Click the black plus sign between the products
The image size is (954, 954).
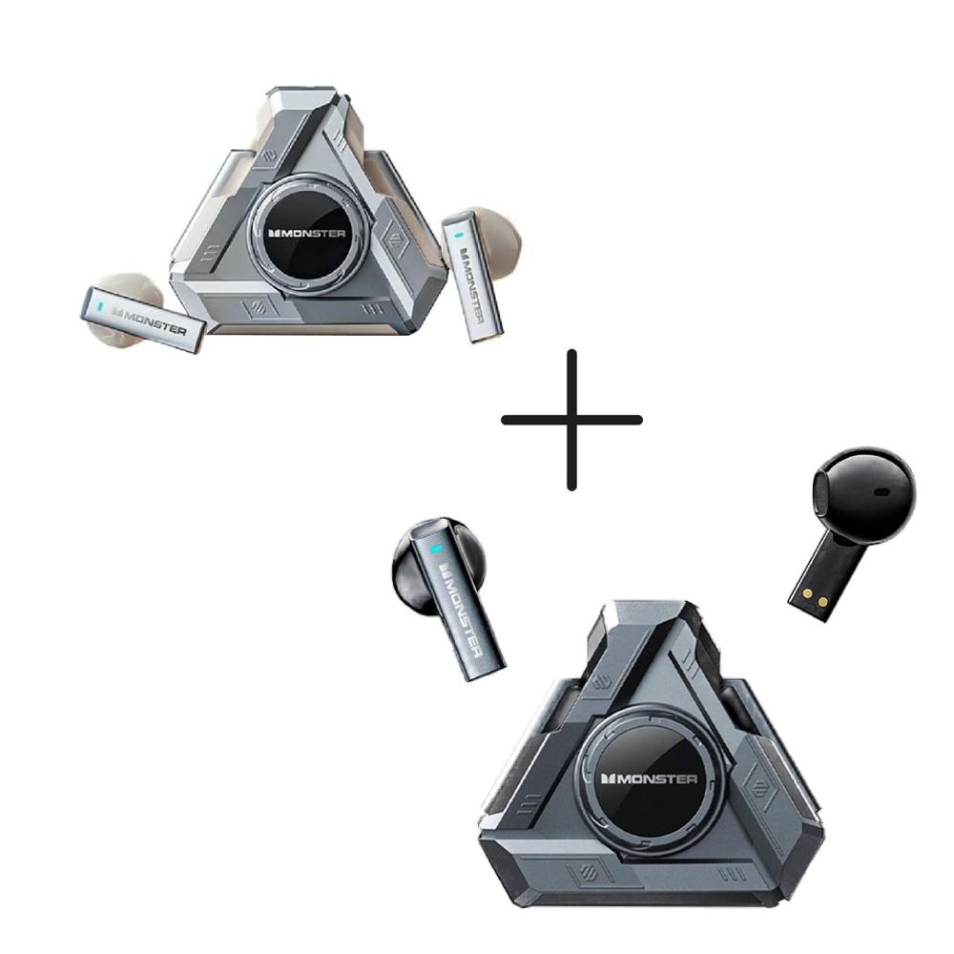(x=571, y=420)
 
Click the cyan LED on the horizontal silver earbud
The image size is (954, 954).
(x=99, y=306)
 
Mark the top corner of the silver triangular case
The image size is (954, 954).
(x=286, y=95)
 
